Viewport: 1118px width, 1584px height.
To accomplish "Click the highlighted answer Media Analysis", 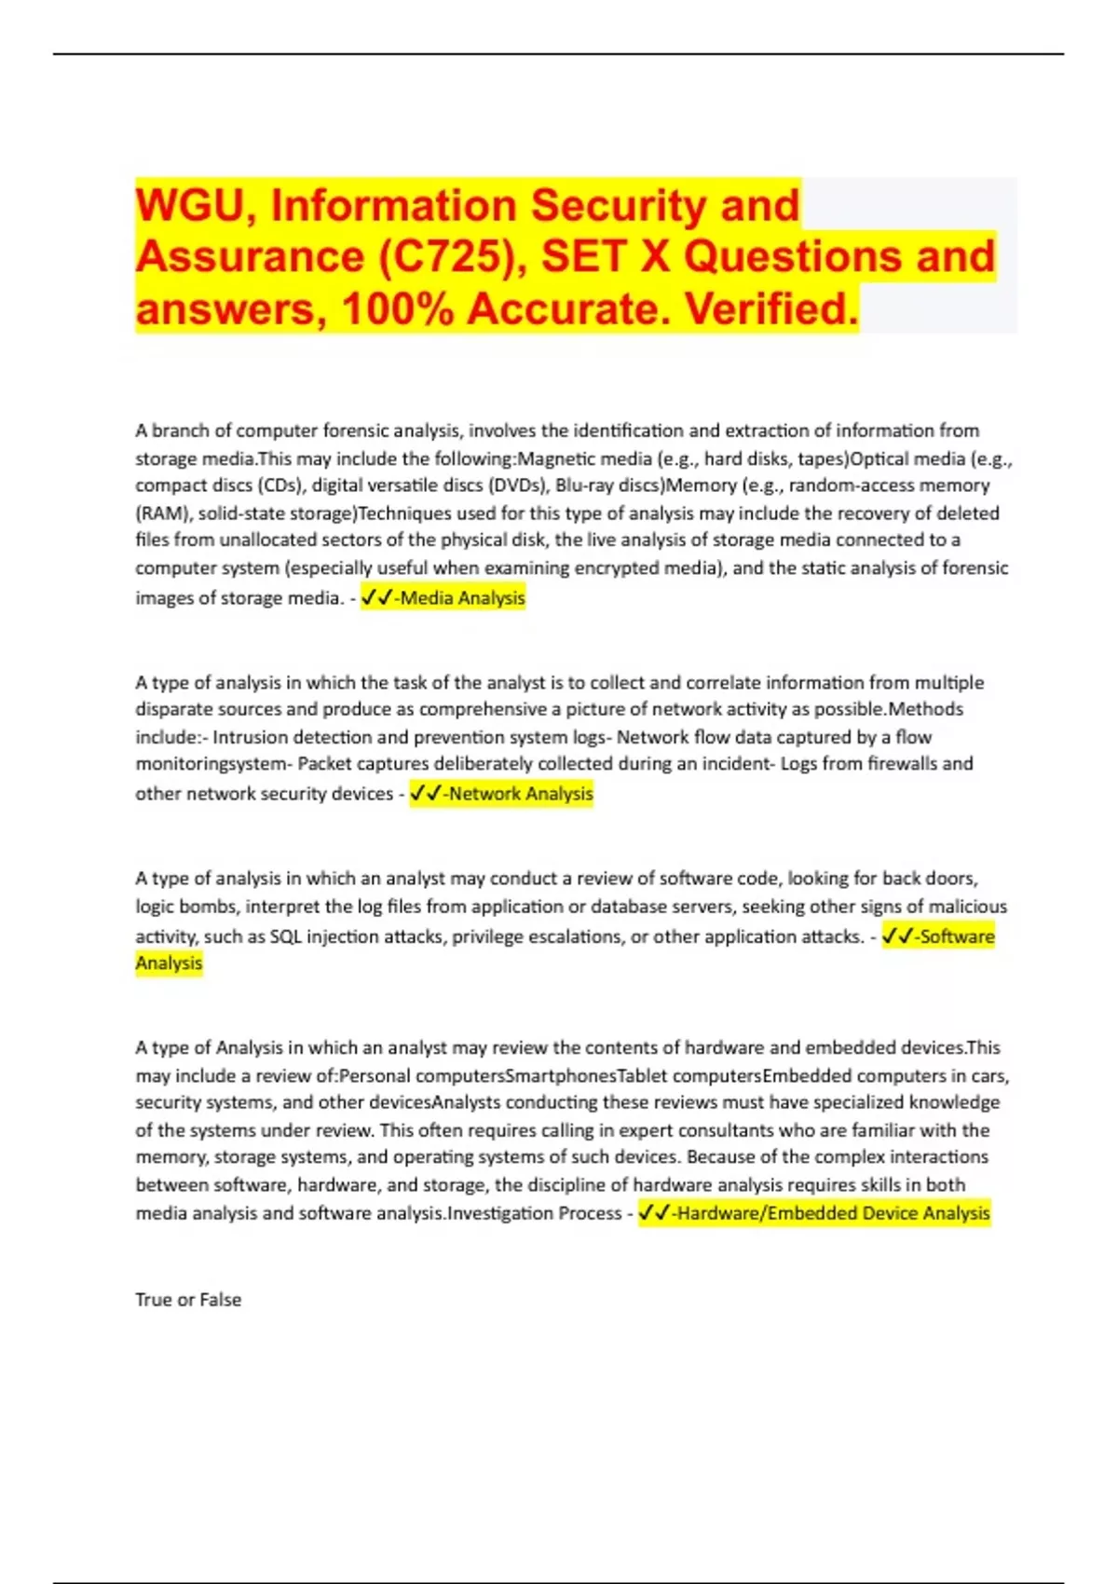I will [462, 598].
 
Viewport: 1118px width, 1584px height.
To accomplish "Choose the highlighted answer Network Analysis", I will [520, 794].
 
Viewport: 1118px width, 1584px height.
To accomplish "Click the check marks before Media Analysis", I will [376, 598].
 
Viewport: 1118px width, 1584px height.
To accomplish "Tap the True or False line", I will [188, 1300].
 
